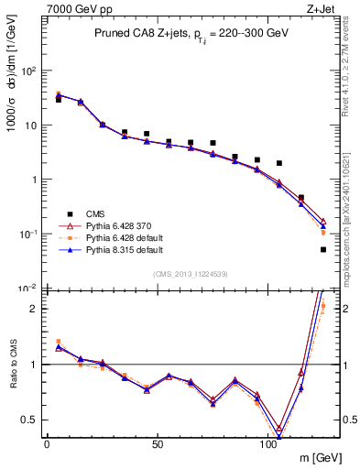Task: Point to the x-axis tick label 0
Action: (47, 443)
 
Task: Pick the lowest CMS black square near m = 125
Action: (323, 249)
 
